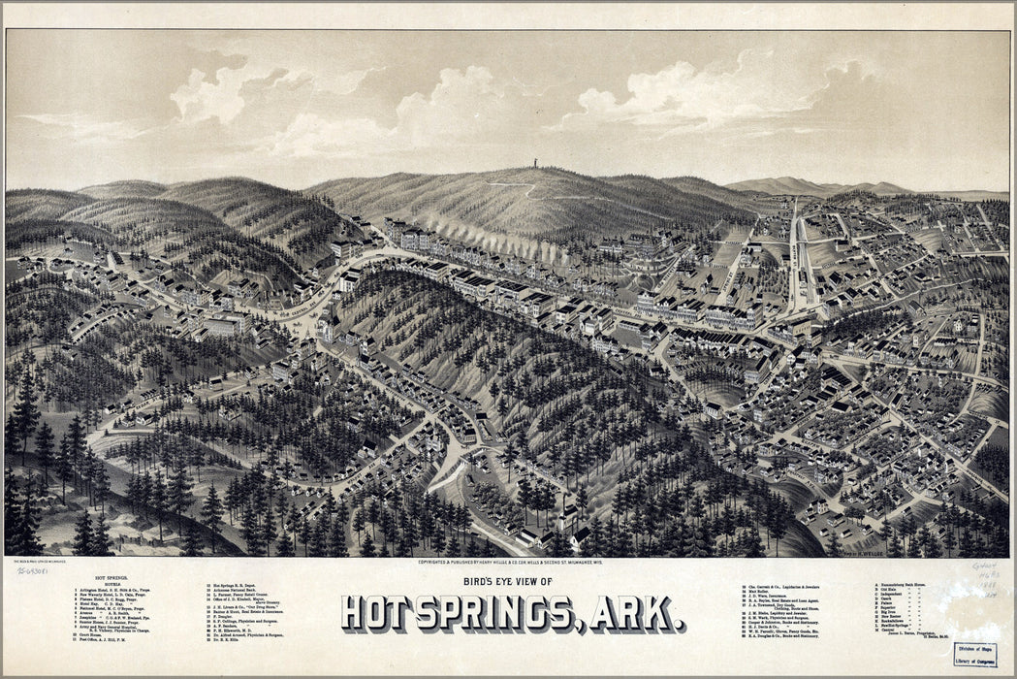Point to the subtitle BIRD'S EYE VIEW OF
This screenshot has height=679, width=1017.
pyautogui.click(x=513, y=582)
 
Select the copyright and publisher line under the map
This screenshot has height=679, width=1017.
pyautogui.click(x=511, y=562)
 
